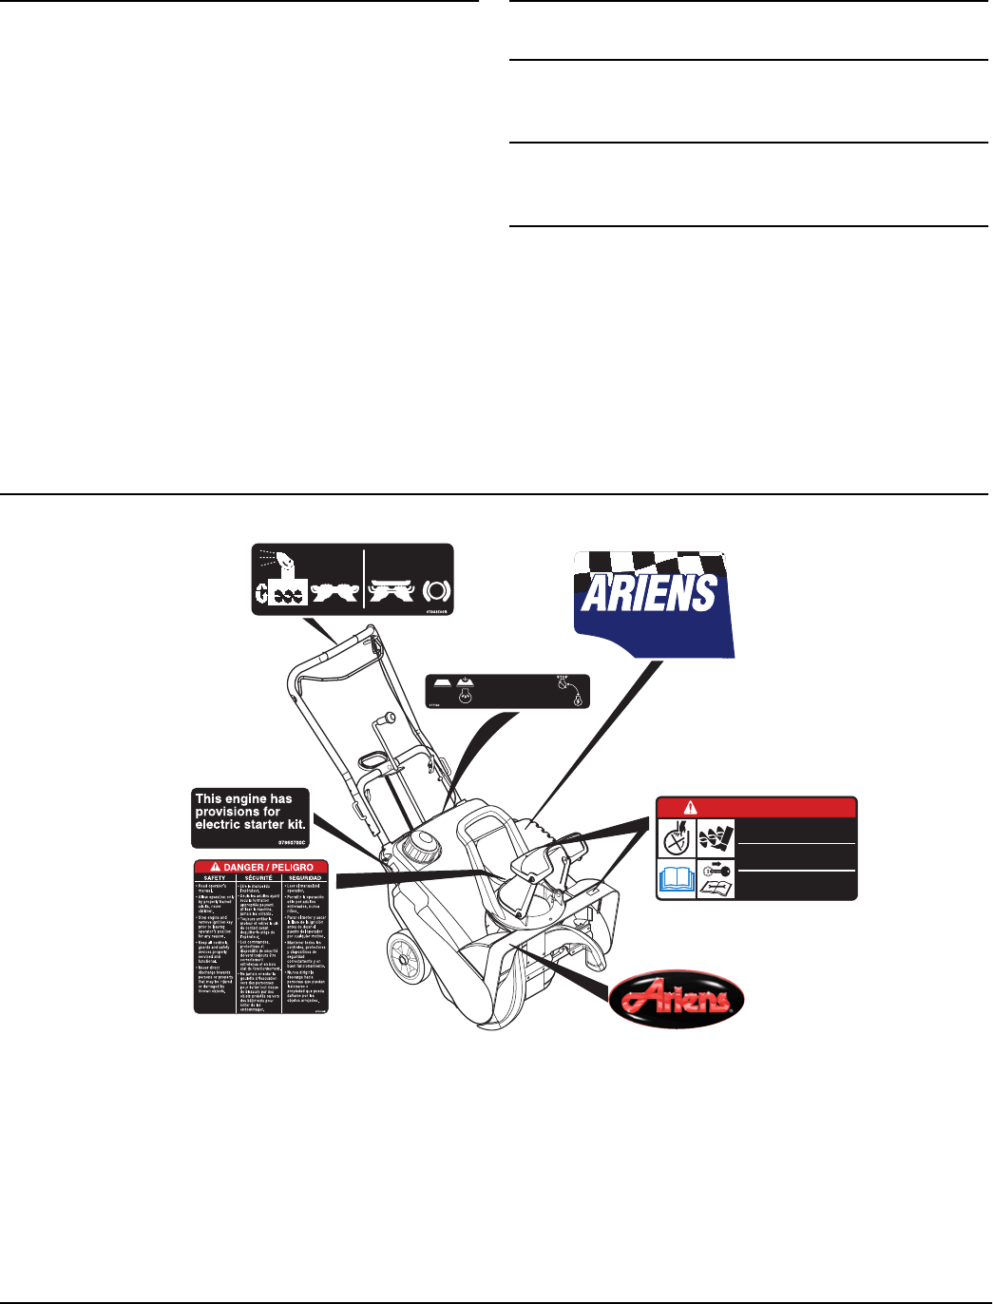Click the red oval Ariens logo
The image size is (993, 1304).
pos(677,999)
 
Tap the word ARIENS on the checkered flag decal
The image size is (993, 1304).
pos(649,594)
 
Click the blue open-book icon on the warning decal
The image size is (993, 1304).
pos(676,880)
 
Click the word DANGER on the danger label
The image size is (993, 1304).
pos(243,867)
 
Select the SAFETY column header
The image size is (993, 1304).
pos(216,878)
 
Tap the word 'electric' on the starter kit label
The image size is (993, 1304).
pos(218,824)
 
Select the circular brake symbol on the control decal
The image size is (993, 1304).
pos(437,590)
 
